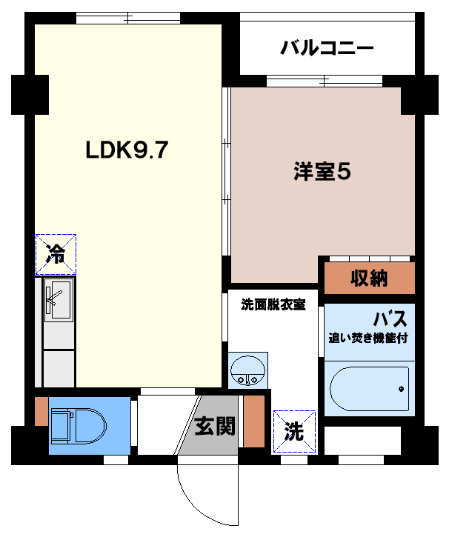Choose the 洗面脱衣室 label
(273, 304)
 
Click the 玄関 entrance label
(215, 426)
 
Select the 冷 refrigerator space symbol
(56, 254)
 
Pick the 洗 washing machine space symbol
(294, 431)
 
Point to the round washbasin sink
(245, 370)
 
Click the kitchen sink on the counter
(58, 300)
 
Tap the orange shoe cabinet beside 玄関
(254, 421)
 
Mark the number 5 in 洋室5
(343, 172)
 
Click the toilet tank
(59, 426)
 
